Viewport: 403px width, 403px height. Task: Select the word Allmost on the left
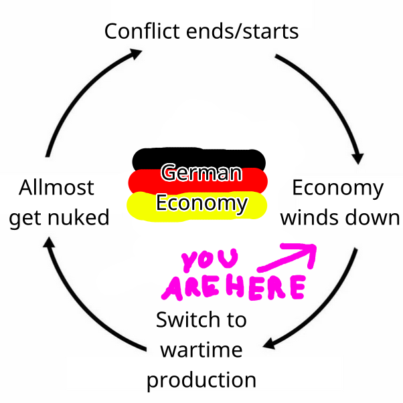point(57,187)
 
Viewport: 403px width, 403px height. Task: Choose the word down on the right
point(372,218)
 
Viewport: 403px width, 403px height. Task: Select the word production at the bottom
point(201,380)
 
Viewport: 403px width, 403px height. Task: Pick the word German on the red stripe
point(200,174)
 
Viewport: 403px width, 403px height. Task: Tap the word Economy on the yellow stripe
point(200,203)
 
